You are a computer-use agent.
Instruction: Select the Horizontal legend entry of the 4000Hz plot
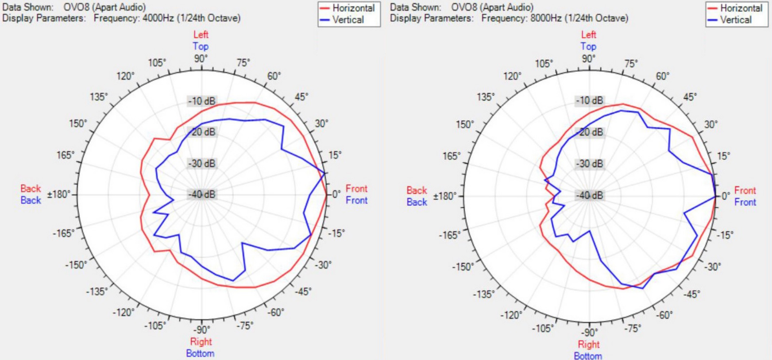(x=353, y=8)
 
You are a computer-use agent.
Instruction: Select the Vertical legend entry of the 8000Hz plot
(x=735, y=20)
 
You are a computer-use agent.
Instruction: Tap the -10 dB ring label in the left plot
(x=202, y=101)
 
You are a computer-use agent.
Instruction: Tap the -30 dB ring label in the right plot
(x=590, y=164)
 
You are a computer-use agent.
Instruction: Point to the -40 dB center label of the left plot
(x=202, y=194)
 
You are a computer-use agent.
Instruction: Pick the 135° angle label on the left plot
(x=99, y=97)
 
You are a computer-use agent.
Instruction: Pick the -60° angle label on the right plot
(x=664, y=315)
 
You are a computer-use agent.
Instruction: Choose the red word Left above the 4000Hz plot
(x=201, y=35)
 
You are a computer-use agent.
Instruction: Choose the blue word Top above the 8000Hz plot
(x=588, y=46)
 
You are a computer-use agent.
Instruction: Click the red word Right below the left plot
(x=201, y=342)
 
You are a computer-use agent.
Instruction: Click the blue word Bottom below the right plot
(x=588, y=356)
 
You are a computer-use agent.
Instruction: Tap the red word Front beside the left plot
(x=356, y=189)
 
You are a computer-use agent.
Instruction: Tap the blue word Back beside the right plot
(x=417, y=202)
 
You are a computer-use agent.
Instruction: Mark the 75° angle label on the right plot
(x=631, y=64)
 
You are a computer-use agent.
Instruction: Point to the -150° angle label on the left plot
(x=76, y=265)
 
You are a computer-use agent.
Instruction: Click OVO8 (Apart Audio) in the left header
(x=104, y=7)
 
